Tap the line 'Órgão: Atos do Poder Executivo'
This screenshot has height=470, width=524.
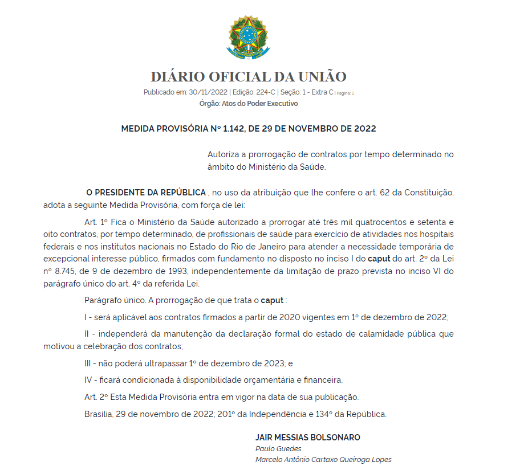coord(249,104)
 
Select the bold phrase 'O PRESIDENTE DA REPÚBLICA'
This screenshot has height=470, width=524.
coord(146,193)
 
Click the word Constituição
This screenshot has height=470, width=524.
coord(429,193)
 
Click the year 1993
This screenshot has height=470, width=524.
coord(170,271)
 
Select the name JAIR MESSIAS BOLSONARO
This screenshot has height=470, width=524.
coord(308,438)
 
